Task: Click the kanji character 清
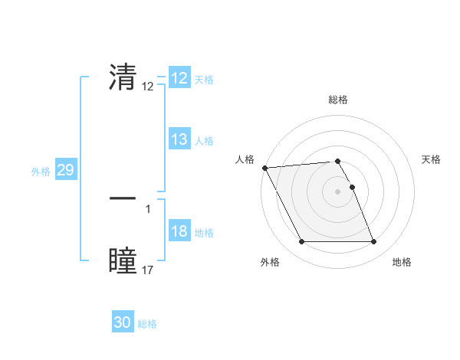(123, 77)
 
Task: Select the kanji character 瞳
(123, 260)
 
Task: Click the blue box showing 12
(179, 78)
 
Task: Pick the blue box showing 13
(179, 139)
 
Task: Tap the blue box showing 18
(179, 232)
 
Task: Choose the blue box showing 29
(65, 170)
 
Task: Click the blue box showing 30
(123, 323)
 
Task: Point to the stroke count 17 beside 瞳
(148, 270)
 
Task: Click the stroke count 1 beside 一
(148, 208)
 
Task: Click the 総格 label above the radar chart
(338, 100)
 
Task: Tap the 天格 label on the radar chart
(431, 159)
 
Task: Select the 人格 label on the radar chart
(245, 159)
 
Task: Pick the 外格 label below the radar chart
(270, 262)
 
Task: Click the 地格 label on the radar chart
(402, 262)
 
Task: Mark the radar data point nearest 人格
(264, 168)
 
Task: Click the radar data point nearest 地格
(373, 242)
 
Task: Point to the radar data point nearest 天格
(352, 187)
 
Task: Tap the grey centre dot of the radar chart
(338, 191)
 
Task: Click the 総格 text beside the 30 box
(147, 324)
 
